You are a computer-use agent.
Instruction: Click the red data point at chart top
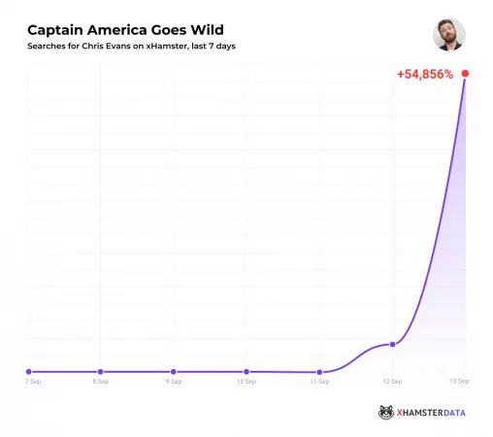(466, 74)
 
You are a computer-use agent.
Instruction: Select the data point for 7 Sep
(28, 371)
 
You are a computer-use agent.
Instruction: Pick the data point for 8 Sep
(101, 371)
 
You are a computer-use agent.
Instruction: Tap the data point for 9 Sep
(174, 371)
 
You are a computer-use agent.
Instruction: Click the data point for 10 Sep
(246, 371)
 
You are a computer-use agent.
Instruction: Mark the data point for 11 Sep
(319, 372)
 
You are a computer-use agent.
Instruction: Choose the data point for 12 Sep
(392, 344)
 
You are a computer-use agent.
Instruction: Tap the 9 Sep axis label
(174, 382)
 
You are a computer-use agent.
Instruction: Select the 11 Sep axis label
(319, 382)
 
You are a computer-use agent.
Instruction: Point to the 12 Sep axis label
(392, 382)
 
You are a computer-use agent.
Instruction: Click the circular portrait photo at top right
(448, 34)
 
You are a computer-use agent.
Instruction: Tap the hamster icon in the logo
(385, 412)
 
